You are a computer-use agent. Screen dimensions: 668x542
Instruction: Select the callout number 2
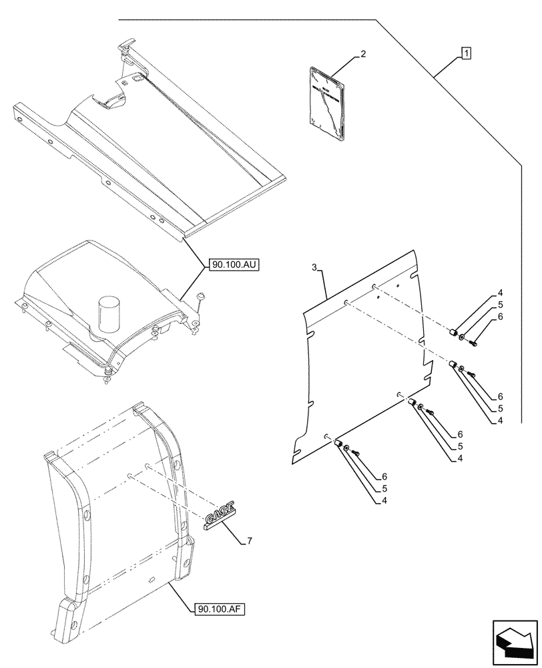tap(362, 54)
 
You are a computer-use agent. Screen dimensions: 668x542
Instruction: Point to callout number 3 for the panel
tap(314, 268)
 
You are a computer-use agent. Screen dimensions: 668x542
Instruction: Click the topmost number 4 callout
tap(500, 294)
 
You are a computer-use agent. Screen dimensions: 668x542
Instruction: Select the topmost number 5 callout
tap(500, 305)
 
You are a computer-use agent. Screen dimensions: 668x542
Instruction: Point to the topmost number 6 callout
tap(500, 317)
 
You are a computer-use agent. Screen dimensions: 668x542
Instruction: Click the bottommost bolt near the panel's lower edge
tap(354, 454)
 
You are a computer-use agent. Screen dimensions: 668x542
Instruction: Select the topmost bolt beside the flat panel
tap(473, 343)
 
